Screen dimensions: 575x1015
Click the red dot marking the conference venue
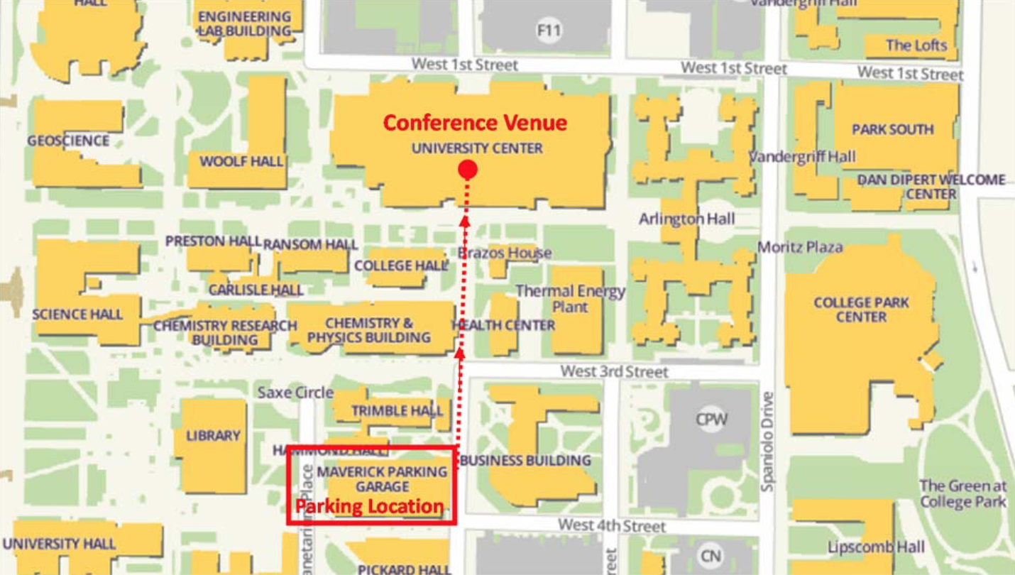(467, 170)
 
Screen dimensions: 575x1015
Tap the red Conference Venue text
(475, 123)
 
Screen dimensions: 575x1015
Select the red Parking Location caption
(369, 507)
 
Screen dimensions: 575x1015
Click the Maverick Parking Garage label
(382, 479)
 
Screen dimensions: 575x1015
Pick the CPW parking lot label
(711, 419)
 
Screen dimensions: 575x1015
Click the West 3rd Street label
(614, 371)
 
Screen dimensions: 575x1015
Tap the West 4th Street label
(611, 526)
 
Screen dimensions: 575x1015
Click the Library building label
(213, 435)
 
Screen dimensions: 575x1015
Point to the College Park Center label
(861, 310)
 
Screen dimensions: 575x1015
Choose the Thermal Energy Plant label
(571, 299)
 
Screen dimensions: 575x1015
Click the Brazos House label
(505, 253)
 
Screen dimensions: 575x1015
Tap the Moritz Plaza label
(800, 247)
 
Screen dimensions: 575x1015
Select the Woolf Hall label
(241, 161)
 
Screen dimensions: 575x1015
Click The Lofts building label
(916, 45)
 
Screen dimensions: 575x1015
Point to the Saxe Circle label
(295, 393)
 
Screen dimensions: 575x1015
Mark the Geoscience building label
(68, 141)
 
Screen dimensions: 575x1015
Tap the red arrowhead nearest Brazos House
(464, 221)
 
